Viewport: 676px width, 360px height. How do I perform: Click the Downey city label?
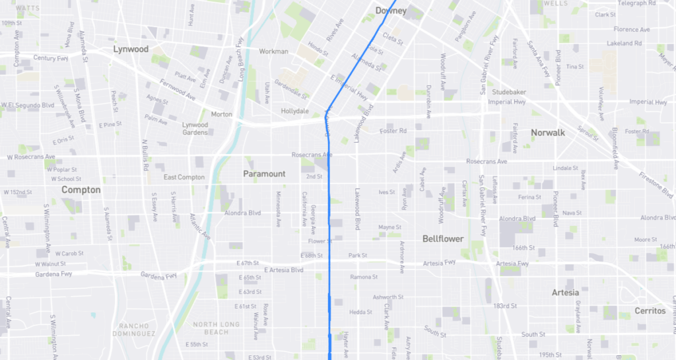coord(391,11)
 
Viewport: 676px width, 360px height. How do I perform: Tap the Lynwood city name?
coord(131,49)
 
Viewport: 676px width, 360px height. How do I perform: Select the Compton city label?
coord(81,190)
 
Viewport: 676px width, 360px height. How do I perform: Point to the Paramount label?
coord(264,174)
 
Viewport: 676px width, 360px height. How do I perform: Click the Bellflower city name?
coord(443,238)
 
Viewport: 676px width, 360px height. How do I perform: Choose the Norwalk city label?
coord(548,133)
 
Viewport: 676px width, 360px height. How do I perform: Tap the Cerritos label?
coord(650,310)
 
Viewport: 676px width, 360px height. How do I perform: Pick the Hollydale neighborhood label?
coord(295,111)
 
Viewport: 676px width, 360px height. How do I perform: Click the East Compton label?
coord(184,177)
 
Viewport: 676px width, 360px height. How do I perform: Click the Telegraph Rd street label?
coord(637,3)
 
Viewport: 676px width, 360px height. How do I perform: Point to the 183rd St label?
coord(505,306)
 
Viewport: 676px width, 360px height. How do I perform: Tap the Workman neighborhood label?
coord(274,52)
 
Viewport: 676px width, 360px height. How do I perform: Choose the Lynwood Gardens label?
coord(195,128)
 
